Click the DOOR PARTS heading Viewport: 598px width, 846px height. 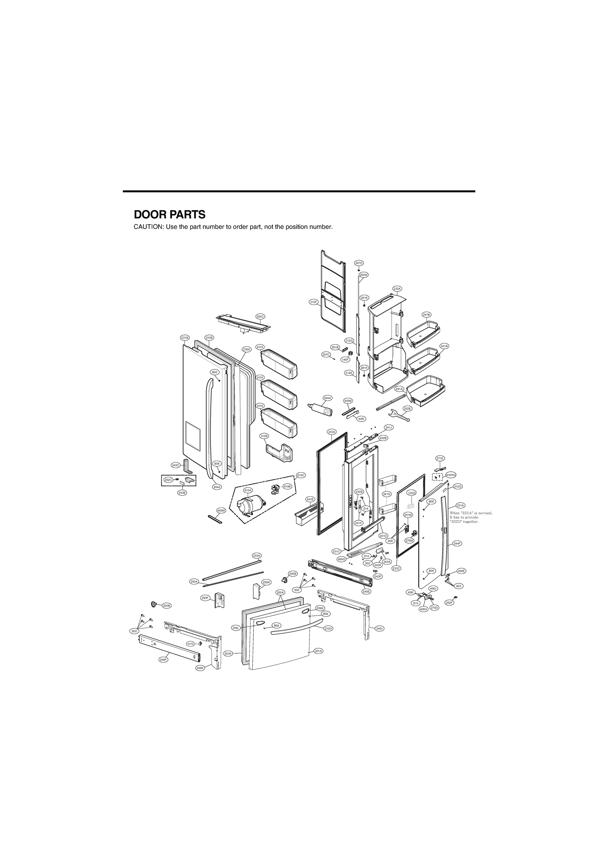pos(169,214)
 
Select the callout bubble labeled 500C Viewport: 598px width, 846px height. pos(260,317)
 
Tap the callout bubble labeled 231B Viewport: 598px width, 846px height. pos(185,337)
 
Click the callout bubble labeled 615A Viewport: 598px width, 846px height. pos(248,490)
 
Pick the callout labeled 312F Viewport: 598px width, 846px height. pos(313,302)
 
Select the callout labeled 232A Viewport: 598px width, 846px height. pos(397,289)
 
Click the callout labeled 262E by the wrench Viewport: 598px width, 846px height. pos(407,408)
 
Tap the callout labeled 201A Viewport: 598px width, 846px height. pos(318,651)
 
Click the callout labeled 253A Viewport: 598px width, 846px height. pos(257,566)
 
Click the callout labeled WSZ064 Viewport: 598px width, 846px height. pos(451,475)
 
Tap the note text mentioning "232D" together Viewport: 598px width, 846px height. pos(465,522)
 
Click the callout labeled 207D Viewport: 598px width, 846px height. pos(359,263)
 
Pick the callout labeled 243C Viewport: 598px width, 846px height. pos(176,465)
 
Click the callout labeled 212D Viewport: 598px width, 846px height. pos(328,628)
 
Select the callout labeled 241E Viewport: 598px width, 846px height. pos(310,499)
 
